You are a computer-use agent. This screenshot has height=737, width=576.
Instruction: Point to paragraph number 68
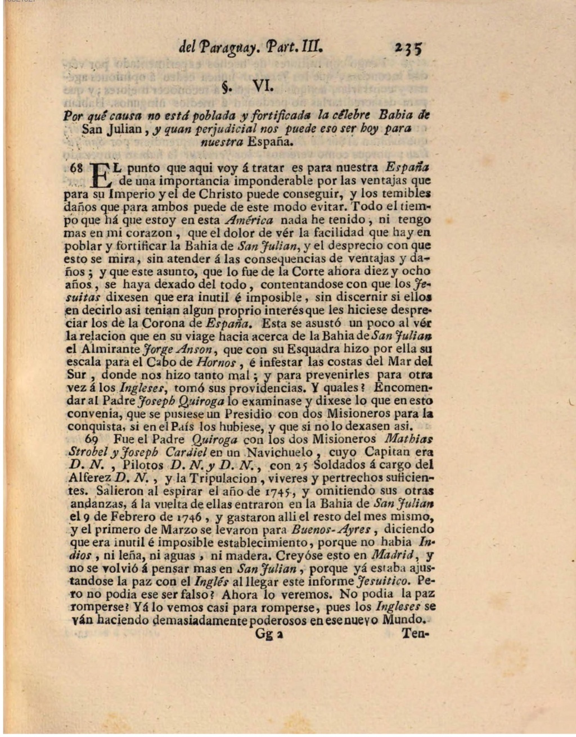[x=76, y=168]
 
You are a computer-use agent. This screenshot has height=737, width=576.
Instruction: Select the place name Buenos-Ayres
[x=331, y=530]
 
